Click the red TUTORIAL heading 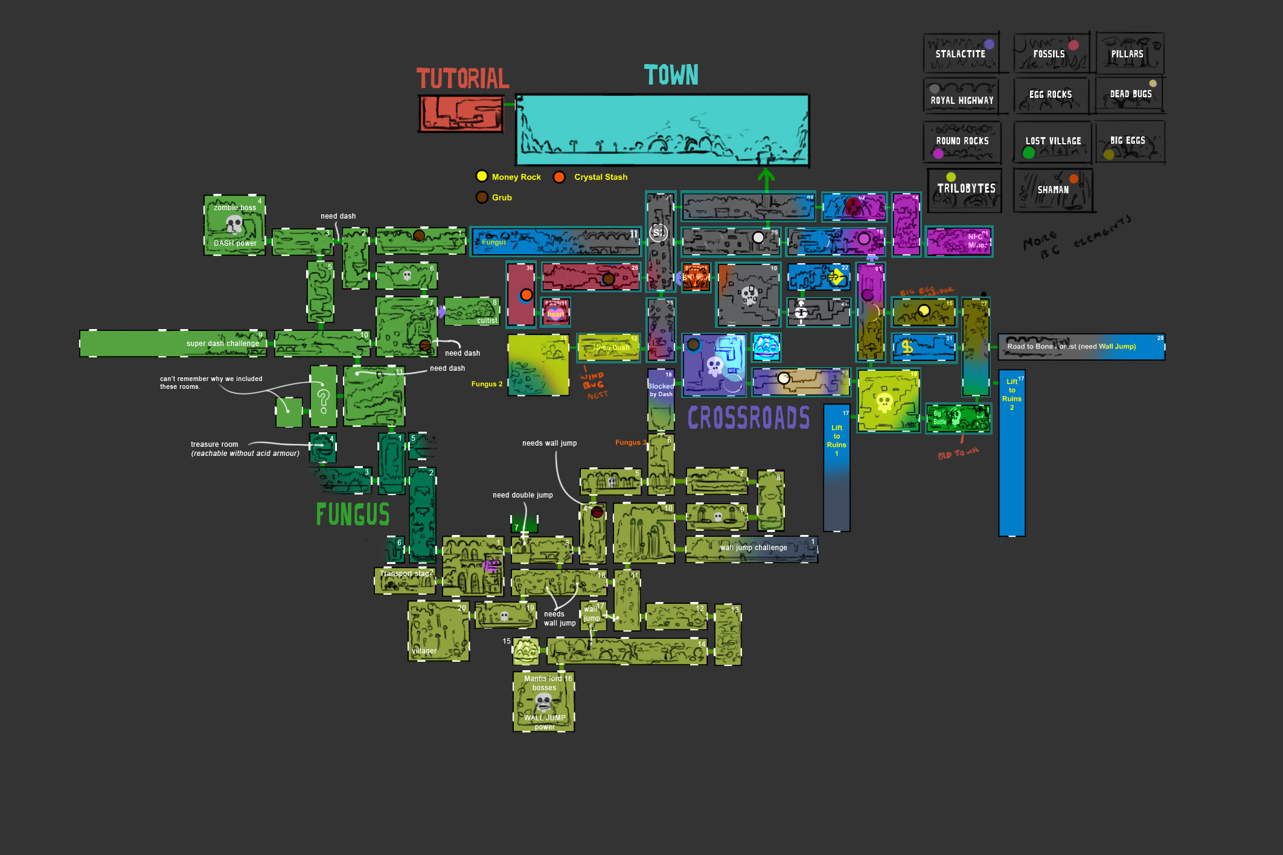462,78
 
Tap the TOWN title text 671,75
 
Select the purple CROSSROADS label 749,418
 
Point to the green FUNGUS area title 353,514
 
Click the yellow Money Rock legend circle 482,176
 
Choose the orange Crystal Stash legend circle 559,177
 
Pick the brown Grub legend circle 482,197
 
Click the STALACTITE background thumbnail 961,53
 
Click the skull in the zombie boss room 234,225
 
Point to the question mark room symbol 324,400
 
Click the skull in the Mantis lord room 543,702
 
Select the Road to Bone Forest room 1081,347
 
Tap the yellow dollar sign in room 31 907,347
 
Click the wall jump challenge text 753,548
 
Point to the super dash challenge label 222,344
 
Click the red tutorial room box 461,114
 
